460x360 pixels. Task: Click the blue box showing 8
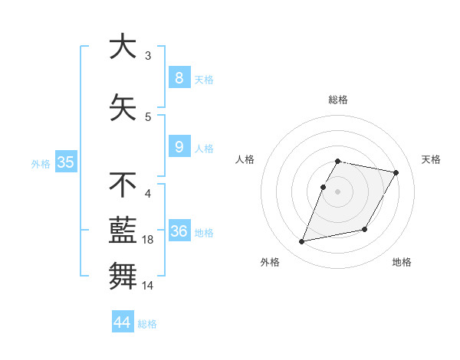tap(179, 78)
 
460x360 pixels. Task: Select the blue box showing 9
tap(179, 147)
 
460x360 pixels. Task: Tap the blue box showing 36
tap(179, 231)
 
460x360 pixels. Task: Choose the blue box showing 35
tap(65, 162)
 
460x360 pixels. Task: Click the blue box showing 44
tap(122, 322)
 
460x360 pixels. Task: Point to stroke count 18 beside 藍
tap(149, 241)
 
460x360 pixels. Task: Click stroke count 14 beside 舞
tap(149, 285)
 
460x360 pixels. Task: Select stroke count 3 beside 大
tap(148, 56)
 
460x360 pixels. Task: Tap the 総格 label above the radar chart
tap(337, 100)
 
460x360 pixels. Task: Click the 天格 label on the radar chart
tap(431, 159)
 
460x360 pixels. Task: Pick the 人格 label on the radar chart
tap(245, 159)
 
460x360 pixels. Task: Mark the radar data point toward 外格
tap(302, 241)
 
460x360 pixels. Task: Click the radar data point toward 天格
tap(396, 173)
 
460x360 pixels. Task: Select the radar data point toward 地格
tap(365, 230)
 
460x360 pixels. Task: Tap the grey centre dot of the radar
tap(337, 191)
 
